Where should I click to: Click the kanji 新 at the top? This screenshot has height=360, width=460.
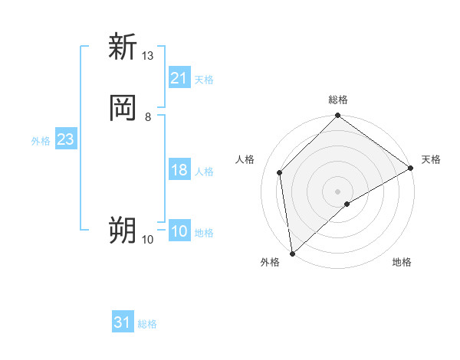(x=123, y=47)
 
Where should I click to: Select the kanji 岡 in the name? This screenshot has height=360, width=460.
(x=123, y=108)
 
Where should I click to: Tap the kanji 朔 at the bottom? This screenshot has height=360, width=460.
(x=123, y=230)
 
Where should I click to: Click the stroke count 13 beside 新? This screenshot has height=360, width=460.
(x=148, y=56)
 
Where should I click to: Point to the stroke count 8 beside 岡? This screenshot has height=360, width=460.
(x=147, y=116)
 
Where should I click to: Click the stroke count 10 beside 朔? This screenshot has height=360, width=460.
(x=148, y=240)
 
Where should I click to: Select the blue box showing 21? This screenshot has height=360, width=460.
(x=179, y=78)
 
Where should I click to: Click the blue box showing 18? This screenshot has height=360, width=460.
(x=179, y=170)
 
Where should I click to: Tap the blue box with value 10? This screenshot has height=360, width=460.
(x=179, y=231)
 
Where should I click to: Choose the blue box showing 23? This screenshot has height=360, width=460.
(x=65, y=139)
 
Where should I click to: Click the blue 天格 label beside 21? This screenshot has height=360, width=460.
(x=204, y=79)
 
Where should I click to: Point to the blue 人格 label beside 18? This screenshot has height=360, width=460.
(x=204, y=172)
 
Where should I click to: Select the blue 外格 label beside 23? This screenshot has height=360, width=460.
(x=40, y=141)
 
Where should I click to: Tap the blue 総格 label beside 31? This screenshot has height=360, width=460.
(x=147, y=324)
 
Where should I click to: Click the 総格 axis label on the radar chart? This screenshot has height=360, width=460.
(x=338, y=100)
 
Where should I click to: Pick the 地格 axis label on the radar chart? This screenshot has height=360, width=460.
(x=402, y=263)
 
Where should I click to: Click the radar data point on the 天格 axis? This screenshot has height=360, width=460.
(x=411, y=169)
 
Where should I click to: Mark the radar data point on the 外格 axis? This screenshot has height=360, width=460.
(x=292, y=253)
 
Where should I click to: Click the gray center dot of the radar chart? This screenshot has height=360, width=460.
(x=337, y=191)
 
